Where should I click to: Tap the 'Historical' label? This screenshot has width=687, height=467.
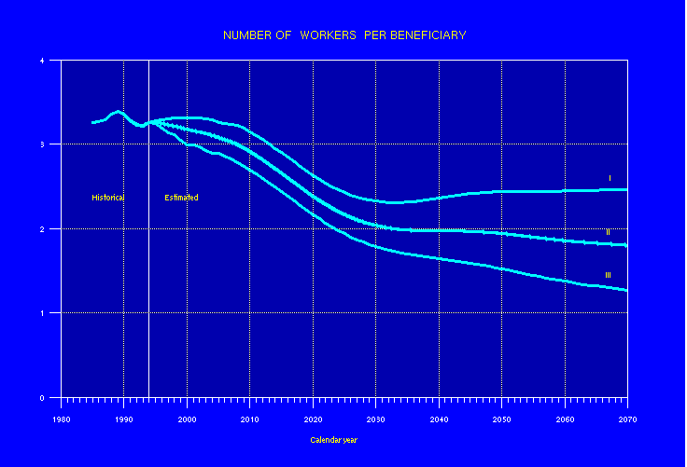click(107, 198)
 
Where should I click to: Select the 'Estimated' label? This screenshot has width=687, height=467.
click(181, 198)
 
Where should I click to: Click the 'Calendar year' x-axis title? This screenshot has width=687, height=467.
click(333, 440)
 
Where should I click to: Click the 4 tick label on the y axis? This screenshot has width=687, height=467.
click(43, 61)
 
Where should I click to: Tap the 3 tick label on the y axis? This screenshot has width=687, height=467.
click(43, 144)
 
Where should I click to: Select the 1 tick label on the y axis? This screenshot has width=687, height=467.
click(43, 313)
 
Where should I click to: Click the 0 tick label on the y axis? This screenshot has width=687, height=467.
click(43, 397)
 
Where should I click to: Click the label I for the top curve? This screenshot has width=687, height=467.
click(609, 178)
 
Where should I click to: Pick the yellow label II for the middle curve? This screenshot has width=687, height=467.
click(608, 232)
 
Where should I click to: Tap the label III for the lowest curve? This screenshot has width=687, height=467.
click(608, 275)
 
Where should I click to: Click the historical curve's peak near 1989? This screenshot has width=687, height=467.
click(118, 111)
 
